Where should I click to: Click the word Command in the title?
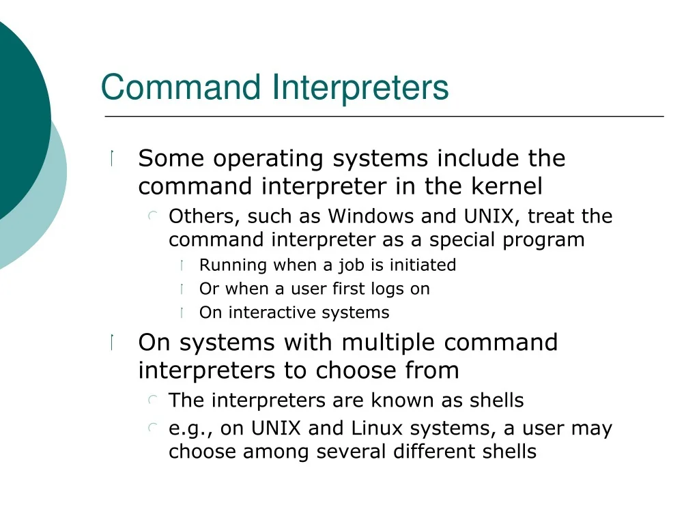[181, 87]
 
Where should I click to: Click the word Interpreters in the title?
[360, 88]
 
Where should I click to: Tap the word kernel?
[507, 186]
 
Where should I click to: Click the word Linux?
[377, 428]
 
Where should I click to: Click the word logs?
[387, 289]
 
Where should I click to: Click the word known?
[403, 400]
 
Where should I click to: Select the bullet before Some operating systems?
[112, 158]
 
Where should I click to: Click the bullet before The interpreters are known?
[153, 400]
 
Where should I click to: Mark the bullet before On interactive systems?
[182, 312]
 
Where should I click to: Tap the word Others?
[201, 216]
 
